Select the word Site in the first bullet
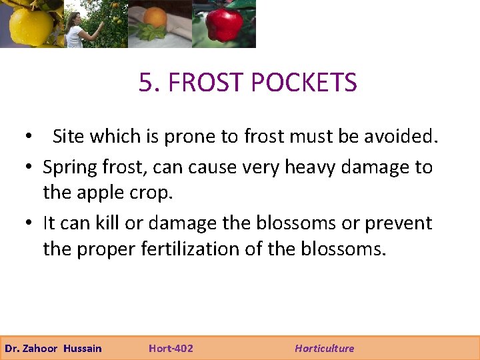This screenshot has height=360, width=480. coord(69,137)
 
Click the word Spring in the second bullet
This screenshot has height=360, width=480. coord(73,167)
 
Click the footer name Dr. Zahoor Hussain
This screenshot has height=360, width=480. coord(53,348)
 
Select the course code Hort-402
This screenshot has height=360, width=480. coord(171,348)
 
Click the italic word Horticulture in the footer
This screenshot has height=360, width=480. coord(325,348)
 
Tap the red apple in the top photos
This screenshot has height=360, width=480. coord(224,25)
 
